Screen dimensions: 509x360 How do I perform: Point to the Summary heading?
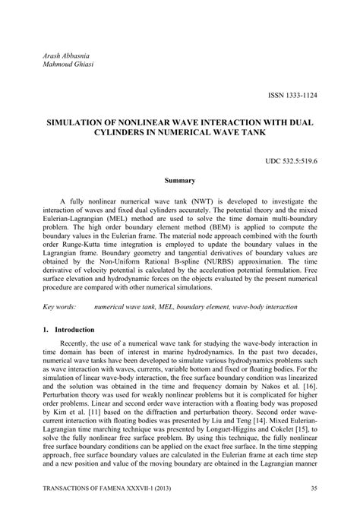[180, 181]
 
